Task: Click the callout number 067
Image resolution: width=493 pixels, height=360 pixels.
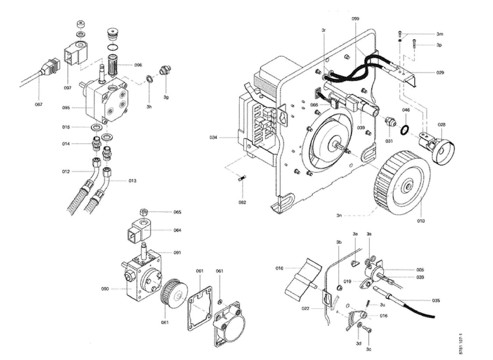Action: [38, 104]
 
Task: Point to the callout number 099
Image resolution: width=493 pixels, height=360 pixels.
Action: [355, 19]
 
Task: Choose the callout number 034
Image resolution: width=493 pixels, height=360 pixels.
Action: [214, 137]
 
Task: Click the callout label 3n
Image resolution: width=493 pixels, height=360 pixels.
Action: [339, 215]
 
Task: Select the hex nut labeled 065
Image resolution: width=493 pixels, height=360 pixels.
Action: [143, 212]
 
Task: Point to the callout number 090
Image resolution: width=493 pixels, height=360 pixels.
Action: [105, 289]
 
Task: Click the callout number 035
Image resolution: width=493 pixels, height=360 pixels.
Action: [436, 301]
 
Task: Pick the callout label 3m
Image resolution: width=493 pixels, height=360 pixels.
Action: [440, 34]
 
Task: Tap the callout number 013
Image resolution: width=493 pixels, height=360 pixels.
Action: [132, 181]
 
